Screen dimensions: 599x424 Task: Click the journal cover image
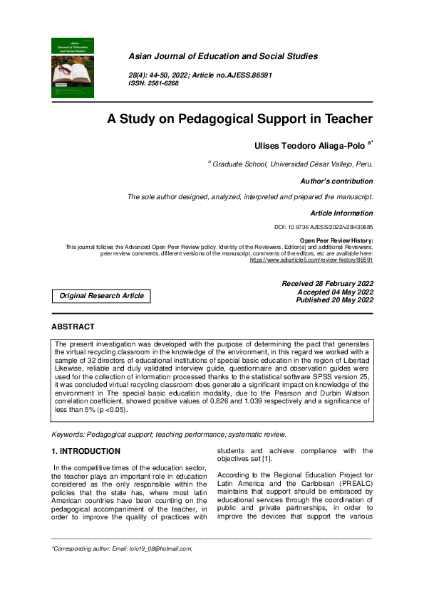73,68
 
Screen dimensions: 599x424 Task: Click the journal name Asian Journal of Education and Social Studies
222,56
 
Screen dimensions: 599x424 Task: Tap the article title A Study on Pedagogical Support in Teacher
239,120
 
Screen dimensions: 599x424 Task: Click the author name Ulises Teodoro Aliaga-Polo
311,145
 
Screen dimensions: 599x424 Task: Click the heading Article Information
341,213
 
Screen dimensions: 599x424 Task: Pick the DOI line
324,227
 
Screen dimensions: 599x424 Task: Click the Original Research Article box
101,296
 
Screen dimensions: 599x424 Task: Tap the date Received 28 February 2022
328,284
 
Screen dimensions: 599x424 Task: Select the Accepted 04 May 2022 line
335,292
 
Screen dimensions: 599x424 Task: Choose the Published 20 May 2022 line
334,300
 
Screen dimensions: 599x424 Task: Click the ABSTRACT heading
73,327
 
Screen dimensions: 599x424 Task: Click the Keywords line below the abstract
169,435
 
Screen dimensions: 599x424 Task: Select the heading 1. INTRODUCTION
86,452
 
